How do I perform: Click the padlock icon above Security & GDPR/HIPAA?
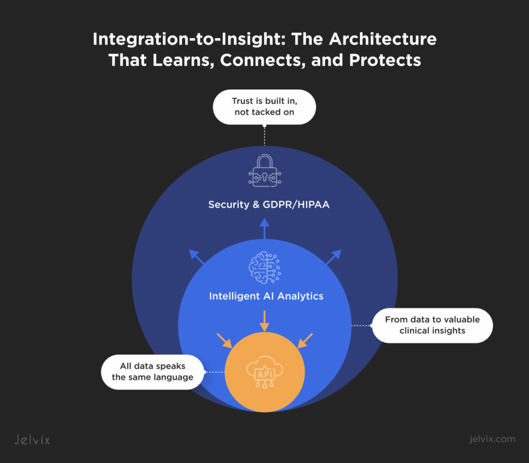264,171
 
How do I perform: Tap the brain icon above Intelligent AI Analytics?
264,268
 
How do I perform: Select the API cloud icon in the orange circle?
264,371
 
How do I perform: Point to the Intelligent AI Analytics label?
266,296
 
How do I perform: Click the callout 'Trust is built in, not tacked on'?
264,107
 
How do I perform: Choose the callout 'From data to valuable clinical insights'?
432,325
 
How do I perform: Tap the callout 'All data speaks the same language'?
152,372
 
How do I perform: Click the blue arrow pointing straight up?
264,228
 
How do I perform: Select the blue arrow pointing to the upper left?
197,257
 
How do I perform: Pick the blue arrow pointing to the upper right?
333,257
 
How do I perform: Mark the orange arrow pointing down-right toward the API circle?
225,340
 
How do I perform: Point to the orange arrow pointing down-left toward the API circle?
305,340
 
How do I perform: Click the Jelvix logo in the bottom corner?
32,439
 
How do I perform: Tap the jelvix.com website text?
493,439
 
